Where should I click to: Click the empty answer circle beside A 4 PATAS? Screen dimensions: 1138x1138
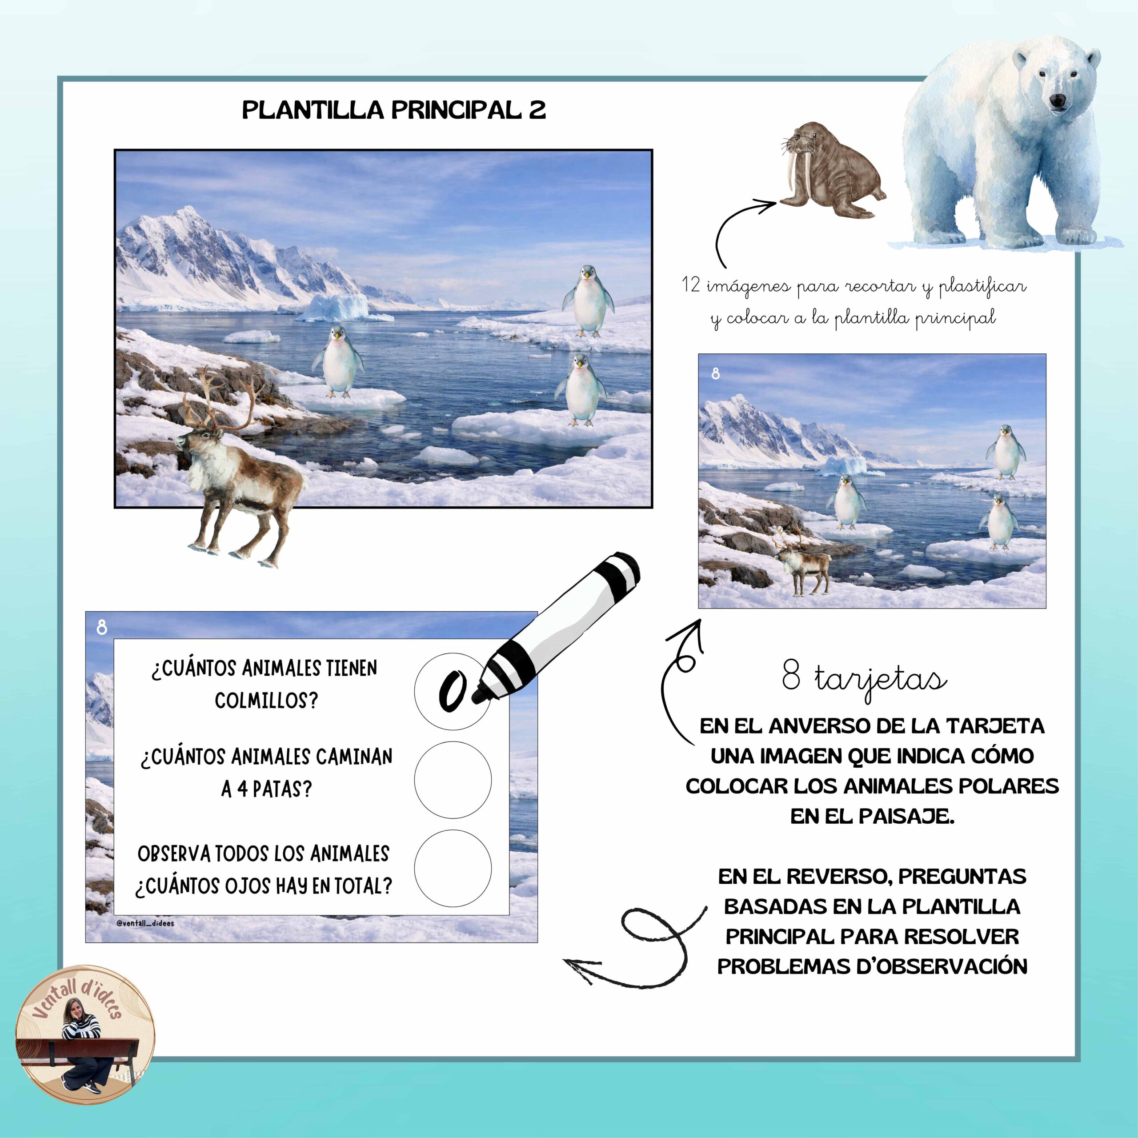click(453, 779)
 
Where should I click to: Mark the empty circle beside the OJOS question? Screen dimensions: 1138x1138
click(453, 869)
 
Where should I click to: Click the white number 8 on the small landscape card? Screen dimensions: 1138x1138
click(715, 373)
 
